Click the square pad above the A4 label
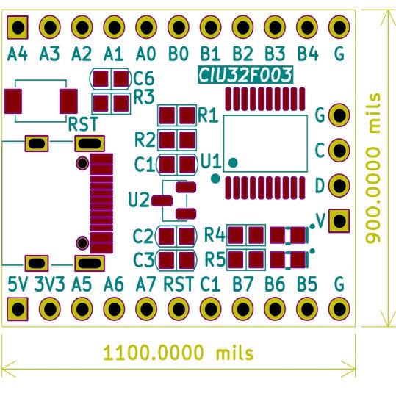(x=18, y=27)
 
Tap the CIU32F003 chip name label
(x=245, y=75)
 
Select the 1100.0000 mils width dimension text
(x=179, y=353)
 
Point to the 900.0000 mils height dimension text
(x=373, y=168)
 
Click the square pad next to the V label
(x=339, y=220)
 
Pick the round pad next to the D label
(x=339, y=185)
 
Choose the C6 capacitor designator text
(x=144, y=79)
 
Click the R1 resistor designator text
(x=208, y=115)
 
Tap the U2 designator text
(x=139, y=200)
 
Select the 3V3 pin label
(x=50, y=284)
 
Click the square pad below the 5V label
(x=18, y=309)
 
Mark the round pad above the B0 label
(x=179, y=26)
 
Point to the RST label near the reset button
(x=83, y=124)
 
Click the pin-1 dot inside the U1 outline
(x=233, y=162)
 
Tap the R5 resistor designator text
(x=215, y=259)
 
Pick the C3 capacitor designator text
(x=144, y=260)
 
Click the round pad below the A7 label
(x=146, y=309)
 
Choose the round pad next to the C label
(x=339, y=151)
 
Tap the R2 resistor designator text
(x=145, y=140)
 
